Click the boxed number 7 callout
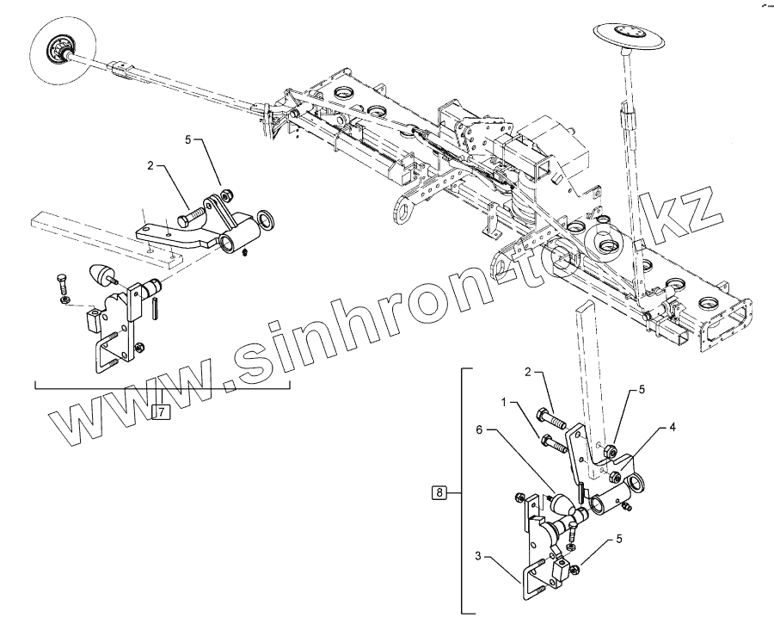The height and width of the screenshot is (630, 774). coord(161,411)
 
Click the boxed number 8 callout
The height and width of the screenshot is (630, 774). coord(439,493)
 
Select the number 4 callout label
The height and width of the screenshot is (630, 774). coord(673,426)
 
